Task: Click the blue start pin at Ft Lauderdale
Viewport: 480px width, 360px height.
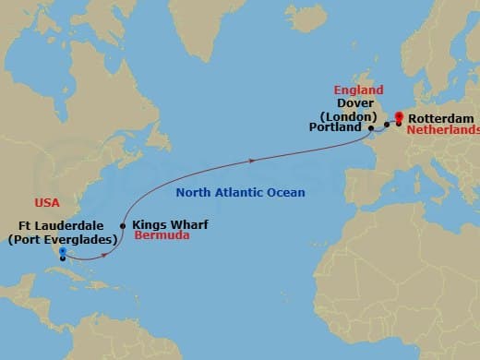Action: point(62,250)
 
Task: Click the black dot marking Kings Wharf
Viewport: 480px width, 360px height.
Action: point(123,224)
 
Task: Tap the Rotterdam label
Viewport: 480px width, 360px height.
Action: point(439,120)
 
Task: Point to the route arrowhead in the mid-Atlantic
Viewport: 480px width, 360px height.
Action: point(250,160)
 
